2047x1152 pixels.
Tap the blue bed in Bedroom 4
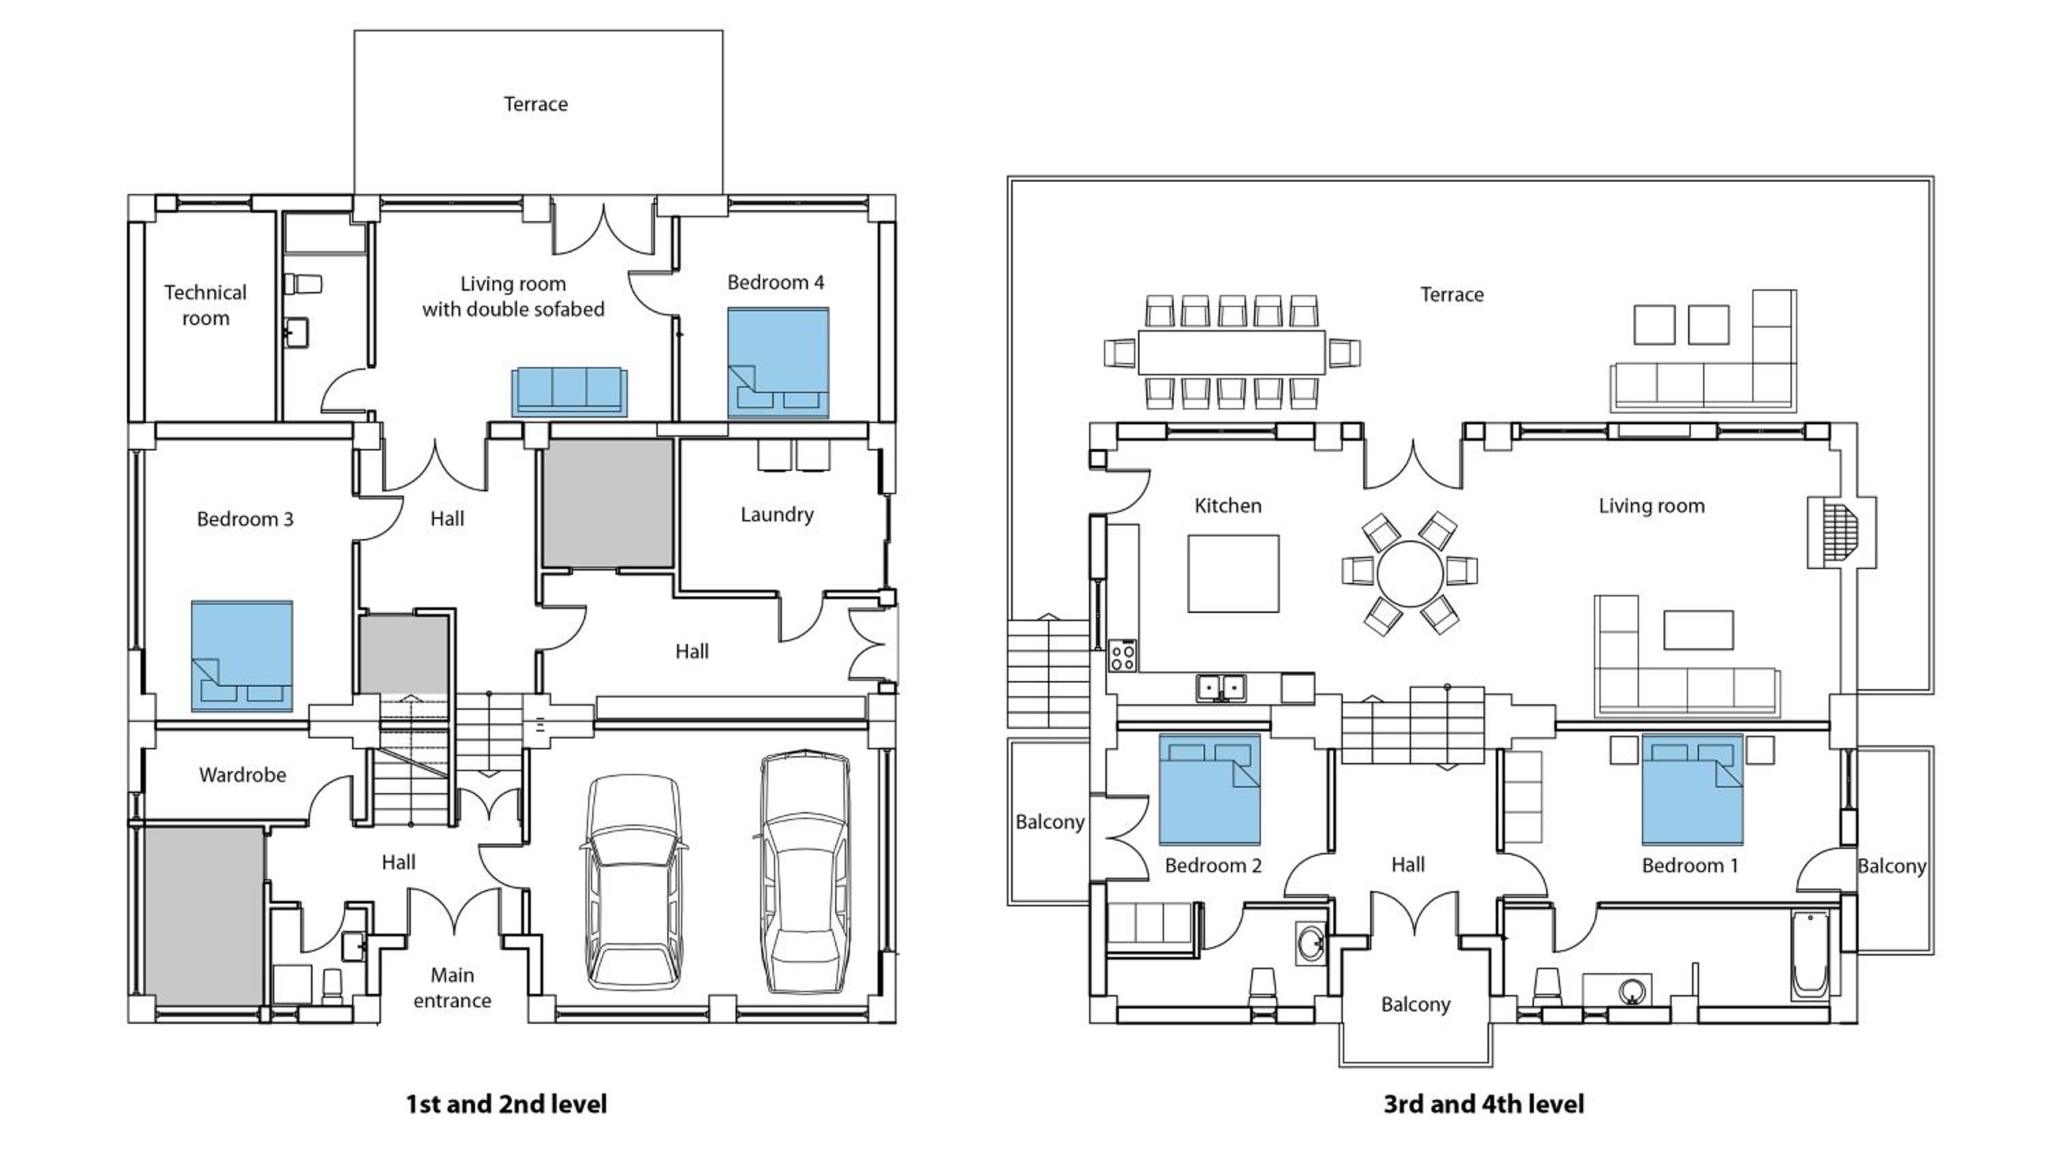click(778, 362)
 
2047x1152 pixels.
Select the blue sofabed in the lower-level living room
click(569, 391)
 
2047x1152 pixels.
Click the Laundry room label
click(776, 515)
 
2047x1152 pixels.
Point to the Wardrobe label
click(242, 775)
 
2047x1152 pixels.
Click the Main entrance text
click(452, 988)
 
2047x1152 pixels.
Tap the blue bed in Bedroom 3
click(242, 656)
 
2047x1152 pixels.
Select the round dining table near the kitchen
click(1410, 573)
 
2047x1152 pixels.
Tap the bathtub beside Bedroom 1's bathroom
click(1810, 955)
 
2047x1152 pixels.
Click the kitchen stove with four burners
click(1122, 656)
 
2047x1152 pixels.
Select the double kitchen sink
click(1221, 688)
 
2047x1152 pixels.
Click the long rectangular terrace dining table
click(1231, 352)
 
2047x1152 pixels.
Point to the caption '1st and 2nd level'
click(506, 1104)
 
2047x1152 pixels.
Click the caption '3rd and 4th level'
click(1483, 1104)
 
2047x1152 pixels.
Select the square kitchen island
click(1233, 573)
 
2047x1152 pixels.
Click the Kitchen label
click(1228, 506)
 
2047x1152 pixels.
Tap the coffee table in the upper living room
click(1699, 630)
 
